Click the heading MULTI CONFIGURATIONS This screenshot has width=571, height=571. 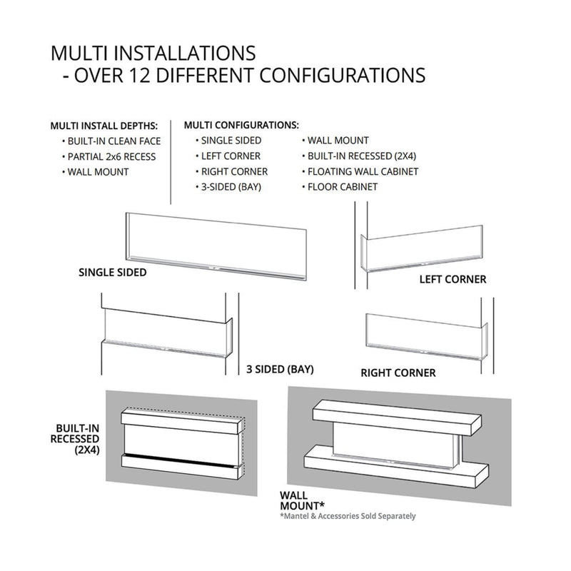coord(241,125)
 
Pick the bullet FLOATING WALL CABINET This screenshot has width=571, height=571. coord(362,172)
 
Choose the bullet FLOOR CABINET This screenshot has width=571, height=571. coord(342,187)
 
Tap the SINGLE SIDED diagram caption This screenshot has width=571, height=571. coord(113,273)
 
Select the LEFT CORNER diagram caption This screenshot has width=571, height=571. coord(452,280)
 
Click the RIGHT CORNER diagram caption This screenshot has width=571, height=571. coord(398,373)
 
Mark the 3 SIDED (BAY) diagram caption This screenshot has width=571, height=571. coord(280,370)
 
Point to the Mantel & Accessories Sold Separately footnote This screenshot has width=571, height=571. coord(349,516)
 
